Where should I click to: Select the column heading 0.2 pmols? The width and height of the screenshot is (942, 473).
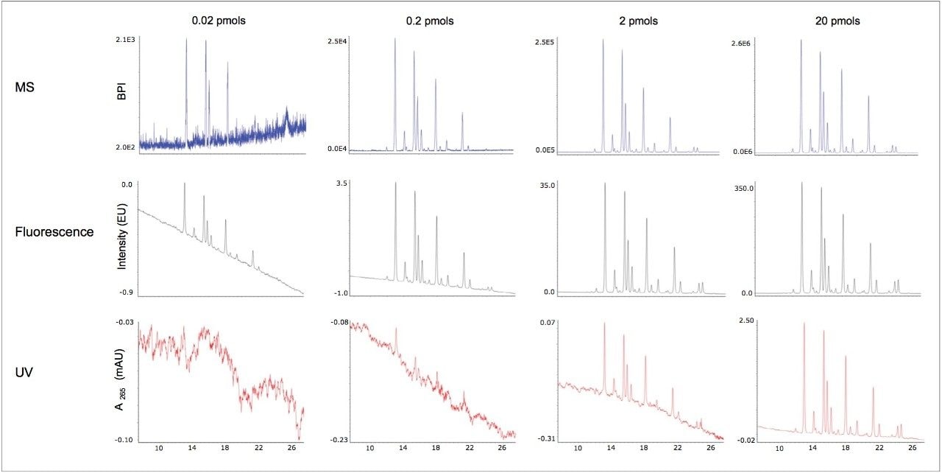tap(431, 21)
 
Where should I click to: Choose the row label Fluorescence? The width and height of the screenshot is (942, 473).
tap(54, 232)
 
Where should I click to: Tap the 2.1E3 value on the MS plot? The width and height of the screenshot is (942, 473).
tap(126, 39)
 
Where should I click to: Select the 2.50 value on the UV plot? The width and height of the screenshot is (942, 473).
tap(745, 322)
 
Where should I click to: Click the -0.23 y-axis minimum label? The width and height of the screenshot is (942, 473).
tap(339, 440)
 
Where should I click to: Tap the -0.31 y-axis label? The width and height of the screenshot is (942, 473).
tap(547, 439)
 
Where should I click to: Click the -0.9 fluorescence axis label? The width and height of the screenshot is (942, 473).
tap(126, 293)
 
